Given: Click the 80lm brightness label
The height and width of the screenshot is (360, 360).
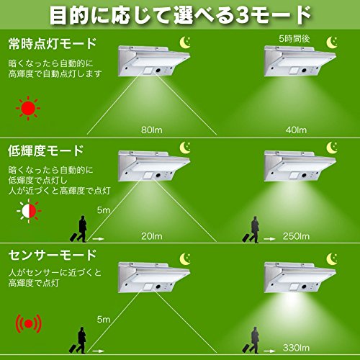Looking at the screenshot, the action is (x=152, y=130).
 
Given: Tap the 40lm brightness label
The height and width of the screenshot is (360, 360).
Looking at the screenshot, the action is (x=296, y=130).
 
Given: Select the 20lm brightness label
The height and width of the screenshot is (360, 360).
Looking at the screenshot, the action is (x=152, y=236).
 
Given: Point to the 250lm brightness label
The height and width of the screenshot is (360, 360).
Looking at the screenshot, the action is (x=296, y=236).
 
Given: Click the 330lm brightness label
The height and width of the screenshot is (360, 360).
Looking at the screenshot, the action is (x=296, y=348).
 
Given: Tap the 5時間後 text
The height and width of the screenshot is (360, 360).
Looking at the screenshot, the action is (x=294, y=39).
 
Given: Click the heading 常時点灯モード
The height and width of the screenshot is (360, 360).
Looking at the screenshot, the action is (x=53, y=44).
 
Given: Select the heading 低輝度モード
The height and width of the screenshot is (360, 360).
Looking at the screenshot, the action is (x=46, y=150).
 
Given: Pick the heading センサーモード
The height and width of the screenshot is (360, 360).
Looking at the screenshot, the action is (x=53, y=255).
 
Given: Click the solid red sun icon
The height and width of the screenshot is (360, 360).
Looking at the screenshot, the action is (x=28, y=108).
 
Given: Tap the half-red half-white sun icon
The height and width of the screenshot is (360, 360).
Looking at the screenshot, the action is (x=29, y=211).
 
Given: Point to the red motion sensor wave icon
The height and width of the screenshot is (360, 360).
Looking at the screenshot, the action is (x=29, y=324).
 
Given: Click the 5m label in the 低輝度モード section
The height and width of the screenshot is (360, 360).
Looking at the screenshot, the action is (x=104, y=210).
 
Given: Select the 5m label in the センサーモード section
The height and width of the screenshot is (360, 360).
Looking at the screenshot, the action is (x=104, y=319).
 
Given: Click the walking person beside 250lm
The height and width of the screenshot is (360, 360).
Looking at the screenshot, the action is (x=251, y=230).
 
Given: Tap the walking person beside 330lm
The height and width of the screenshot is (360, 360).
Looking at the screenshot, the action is (x=251, y=340).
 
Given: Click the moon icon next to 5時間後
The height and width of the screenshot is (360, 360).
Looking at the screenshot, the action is (x=332, y=42).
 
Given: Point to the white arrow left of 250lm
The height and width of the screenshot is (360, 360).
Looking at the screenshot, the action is (x=269, y=239).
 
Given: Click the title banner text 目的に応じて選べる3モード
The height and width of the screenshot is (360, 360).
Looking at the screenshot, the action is (x=180, y=15).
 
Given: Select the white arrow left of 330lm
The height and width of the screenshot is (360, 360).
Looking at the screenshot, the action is (x=269, y=351).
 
